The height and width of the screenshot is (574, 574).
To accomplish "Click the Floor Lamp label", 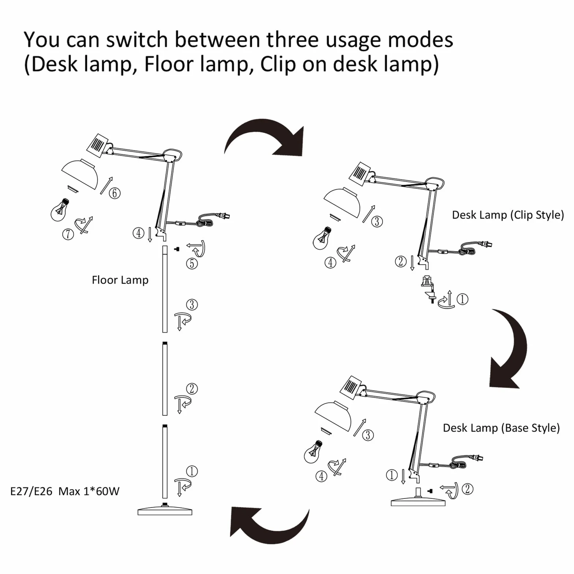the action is point(120,280).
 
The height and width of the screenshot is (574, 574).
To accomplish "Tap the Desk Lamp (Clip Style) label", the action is point(508,215).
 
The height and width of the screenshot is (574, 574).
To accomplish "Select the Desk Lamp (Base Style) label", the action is point(501,428).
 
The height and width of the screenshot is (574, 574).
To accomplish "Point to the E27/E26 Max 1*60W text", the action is point(65,491).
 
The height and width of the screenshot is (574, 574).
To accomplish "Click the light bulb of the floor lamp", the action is point(60,210).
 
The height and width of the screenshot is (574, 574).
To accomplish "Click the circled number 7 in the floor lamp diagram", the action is point(68,234).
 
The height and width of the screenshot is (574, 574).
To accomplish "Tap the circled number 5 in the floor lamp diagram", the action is point(192,263).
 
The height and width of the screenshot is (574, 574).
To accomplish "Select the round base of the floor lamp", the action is point(165,510).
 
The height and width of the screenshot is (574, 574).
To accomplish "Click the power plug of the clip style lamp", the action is point(487,244).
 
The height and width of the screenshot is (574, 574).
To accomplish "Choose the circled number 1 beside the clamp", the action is point(462,299).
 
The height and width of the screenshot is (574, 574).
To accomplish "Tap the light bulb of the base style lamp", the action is point(313,451).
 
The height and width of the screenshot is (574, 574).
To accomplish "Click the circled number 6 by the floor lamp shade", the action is point(115,193).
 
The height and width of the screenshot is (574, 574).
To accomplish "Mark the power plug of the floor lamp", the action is point(224,216).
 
